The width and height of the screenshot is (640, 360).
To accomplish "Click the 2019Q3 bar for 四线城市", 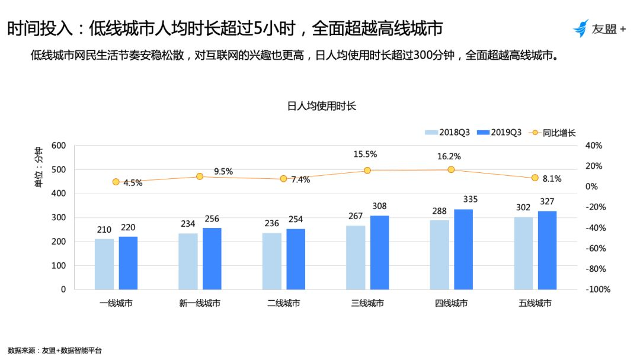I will click(463, 249).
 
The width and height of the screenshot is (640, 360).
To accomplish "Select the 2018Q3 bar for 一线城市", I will click(104, 264).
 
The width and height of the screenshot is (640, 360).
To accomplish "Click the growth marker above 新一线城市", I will click(200, 176).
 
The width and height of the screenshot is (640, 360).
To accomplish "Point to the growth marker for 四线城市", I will click(451, 169).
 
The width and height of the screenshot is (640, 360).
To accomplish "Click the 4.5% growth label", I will click(133, 183).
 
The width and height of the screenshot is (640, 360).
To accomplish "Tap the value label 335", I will click(470, 200).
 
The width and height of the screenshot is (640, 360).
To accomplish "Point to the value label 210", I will click(104, 229).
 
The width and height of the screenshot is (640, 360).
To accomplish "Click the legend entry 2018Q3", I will click(447, 133).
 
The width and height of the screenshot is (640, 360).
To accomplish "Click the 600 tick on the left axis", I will click(59, 146).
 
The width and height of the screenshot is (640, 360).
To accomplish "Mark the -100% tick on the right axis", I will click(597, 290).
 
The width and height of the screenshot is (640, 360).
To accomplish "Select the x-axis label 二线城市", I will click(283, 303).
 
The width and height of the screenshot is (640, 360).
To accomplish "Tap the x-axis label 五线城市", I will click(535, 303).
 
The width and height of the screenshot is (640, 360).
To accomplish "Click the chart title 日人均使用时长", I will click(321, 106).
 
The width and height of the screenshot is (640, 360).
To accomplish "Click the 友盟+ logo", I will click(599, 28).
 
